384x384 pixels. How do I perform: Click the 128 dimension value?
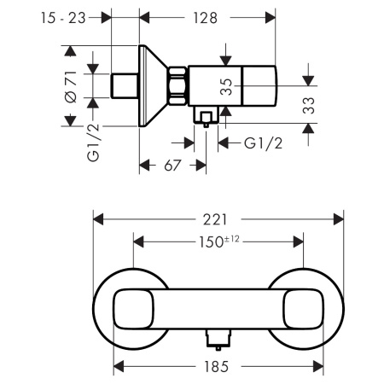click(206, 18)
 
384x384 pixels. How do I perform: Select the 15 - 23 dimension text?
click(63, 18)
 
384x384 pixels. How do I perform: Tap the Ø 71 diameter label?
click(71, 87)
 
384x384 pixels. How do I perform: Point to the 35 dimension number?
click(226, 87)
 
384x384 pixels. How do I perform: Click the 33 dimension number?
click(309, 106)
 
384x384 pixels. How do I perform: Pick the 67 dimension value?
click(172, 166)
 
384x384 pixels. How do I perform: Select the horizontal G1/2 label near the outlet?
click(264, 143)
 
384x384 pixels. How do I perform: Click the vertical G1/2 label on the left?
click(93, 143)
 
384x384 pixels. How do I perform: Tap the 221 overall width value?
click(215, 219)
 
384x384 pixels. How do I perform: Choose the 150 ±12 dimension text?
click(218, 241)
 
